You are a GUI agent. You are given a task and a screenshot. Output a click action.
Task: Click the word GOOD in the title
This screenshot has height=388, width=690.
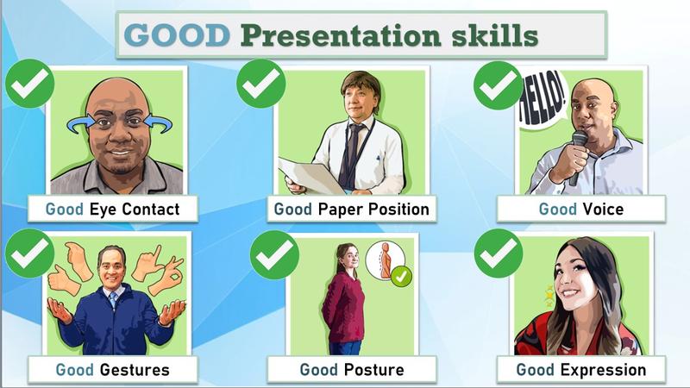177,35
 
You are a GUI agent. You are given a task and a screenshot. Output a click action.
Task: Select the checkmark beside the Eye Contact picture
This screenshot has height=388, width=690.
30,84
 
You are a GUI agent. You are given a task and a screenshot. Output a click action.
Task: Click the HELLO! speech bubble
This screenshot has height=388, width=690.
542,100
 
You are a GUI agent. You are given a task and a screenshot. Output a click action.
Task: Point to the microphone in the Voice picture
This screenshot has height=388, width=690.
578,156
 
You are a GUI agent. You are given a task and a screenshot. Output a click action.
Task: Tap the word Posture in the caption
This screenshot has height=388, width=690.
373,370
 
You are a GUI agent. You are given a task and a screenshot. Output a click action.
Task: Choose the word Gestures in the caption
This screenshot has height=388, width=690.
135,370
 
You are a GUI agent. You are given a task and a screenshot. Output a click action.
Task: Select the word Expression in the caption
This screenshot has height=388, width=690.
603,370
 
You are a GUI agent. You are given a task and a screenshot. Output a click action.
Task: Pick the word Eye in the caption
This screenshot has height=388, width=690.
103,209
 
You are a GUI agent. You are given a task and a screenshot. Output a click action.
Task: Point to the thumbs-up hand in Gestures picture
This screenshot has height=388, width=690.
64,280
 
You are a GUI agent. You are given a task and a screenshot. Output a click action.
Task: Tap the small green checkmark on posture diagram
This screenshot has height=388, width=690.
401,277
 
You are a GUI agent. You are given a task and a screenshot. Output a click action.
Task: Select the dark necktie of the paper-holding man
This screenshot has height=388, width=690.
351,153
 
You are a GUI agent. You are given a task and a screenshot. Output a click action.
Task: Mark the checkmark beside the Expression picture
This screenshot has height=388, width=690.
499,253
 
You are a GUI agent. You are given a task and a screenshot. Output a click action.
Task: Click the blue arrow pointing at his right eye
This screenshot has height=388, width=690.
80,124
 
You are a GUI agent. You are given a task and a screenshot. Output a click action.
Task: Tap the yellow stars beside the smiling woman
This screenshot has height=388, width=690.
549,296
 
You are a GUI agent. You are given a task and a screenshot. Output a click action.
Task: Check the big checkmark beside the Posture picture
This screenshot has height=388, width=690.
274,254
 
